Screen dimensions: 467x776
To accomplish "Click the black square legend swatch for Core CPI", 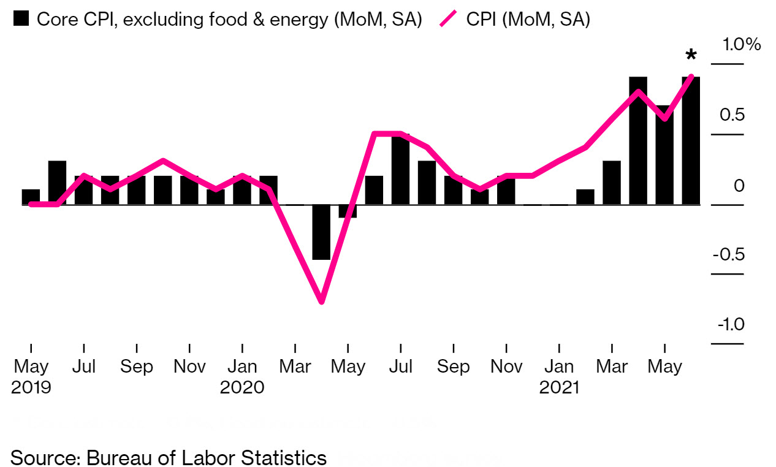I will pos(21,19).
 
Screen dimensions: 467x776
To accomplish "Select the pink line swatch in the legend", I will pos(449,19).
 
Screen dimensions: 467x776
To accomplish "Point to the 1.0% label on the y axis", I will pos(741,45).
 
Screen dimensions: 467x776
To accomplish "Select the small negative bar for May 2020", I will pos(348,211).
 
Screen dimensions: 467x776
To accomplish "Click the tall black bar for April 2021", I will pos(638,140).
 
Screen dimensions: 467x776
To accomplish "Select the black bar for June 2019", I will pos(57,182).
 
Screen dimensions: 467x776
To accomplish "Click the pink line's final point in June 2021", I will pos(691,77).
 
